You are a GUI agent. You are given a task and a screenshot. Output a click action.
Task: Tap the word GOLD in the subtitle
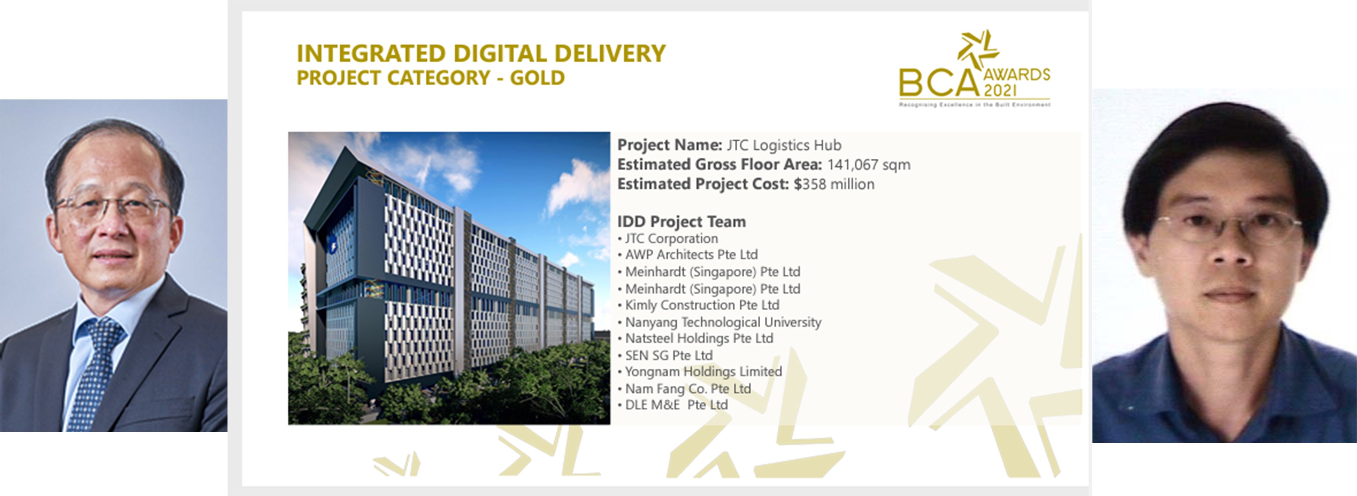(537, 78)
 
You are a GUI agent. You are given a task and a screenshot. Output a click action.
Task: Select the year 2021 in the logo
(1000, 90)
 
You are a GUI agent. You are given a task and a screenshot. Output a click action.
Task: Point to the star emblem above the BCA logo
(978, 48)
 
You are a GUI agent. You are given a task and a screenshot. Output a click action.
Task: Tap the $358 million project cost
(834, 184)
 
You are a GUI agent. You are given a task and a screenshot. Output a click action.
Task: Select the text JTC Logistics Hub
(784, 145)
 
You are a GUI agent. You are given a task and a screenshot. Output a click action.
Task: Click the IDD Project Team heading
(681, 221)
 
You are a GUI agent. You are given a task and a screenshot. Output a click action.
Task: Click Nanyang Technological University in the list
(723, 322)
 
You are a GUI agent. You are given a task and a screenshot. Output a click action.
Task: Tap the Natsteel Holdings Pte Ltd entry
(699, 338)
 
